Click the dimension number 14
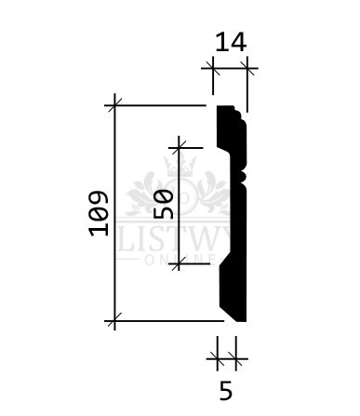(x=231, y=42)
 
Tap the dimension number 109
(x=99, y=213)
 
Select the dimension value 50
(x=163, y=205)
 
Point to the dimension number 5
(x=226, y=391)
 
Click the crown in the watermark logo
(x=181, y=165)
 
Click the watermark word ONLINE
(x=180, y=261)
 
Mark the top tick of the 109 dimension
(x=114, y=106)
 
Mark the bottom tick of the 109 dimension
(x=114, y=321)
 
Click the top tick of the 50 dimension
(x=179, y=148)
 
